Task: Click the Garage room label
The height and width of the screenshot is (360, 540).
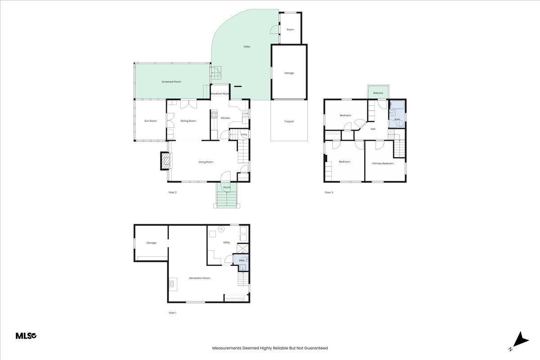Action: click(x=289, y=73)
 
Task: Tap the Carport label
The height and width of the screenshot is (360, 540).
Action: click(x=289, y=121)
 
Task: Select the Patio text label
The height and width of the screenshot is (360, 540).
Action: click(x=247, y=46)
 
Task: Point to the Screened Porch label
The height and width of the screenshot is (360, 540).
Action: click(x=171, y=82)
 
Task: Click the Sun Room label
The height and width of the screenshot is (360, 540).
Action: click(x=150, y=121)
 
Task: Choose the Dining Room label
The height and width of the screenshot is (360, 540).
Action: click(x=188, y=121)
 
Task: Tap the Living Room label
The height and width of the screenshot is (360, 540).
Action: click(x=206, y=162)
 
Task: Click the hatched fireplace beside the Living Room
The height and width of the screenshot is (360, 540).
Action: click(x=166, y=161)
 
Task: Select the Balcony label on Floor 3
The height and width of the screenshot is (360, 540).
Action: click(x=378, y=93)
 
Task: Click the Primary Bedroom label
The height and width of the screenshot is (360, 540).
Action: click(x=383, y=163)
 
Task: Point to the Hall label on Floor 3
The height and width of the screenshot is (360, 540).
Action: click(x=373, y=129)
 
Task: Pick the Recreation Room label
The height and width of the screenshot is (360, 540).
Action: click(x=200, y=278)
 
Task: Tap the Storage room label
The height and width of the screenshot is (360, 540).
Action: click(x=151, y=243)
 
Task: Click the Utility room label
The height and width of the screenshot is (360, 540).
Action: click(x=226, y=243)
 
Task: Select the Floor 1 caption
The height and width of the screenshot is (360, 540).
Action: click(x=172, y=313)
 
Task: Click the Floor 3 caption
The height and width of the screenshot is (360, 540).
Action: click(x=328, y=193)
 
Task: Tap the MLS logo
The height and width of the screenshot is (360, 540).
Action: click(x=26, y=336)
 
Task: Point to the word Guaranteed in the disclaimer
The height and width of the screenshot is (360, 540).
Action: click(x=316, y=348)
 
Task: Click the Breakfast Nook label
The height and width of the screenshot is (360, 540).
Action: click(x=220, y=94)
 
